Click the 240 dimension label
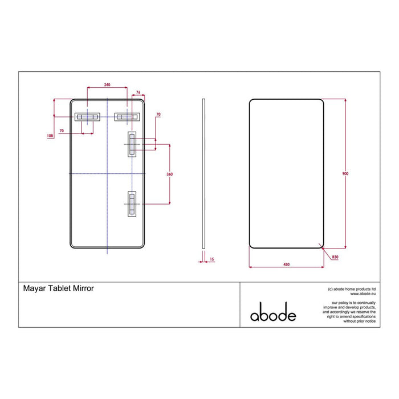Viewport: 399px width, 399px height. click(107, 85)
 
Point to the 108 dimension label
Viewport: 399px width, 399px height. click(50, 136)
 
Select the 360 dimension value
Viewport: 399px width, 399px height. click(169, 174)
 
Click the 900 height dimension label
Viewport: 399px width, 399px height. click(345, 173)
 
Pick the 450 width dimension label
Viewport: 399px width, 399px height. click(287, 264)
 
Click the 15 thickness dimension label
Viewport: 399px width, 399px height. click(211, 259)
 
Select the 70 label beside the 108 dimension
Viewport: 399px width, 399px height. click(61, 129)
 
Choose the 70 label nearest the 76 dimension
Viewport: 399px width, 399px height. click(158, 115)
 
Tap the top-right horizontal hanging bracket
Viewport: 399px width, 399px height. click(126, 116)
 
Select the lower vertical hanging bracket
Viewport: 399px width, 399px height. click(132, 203)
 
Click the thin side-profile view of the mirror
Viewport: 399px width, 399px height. click(203, 174)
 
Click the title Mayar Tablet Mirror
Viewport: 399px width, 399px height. click(58, 289)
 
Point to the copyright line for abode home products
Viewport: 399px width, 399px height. click(351, 289)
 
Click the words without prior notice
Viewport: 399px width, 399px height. click(359, 321)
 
